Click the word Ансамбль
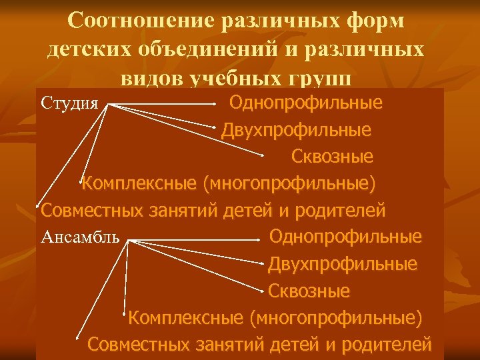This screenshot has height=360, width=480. point(80,237)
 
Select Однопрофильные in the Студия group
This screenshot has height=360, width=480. point(305,103)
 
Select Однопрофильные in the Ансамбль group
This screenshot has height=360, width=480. point(345,237)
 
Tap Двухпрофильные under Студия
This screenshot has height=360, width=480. point(296,129)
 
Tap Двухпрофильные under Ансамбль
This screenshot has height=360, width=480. point(343,264)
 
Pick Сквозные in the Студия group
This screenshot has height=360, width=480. point(331,157)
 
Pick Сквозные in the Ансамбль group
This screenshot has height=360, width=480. point(309,291)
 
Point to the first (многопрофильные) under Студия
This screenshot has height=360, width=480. point(289,183)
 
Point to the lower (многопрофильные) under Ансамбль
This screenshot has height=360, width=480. point(335,318)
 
